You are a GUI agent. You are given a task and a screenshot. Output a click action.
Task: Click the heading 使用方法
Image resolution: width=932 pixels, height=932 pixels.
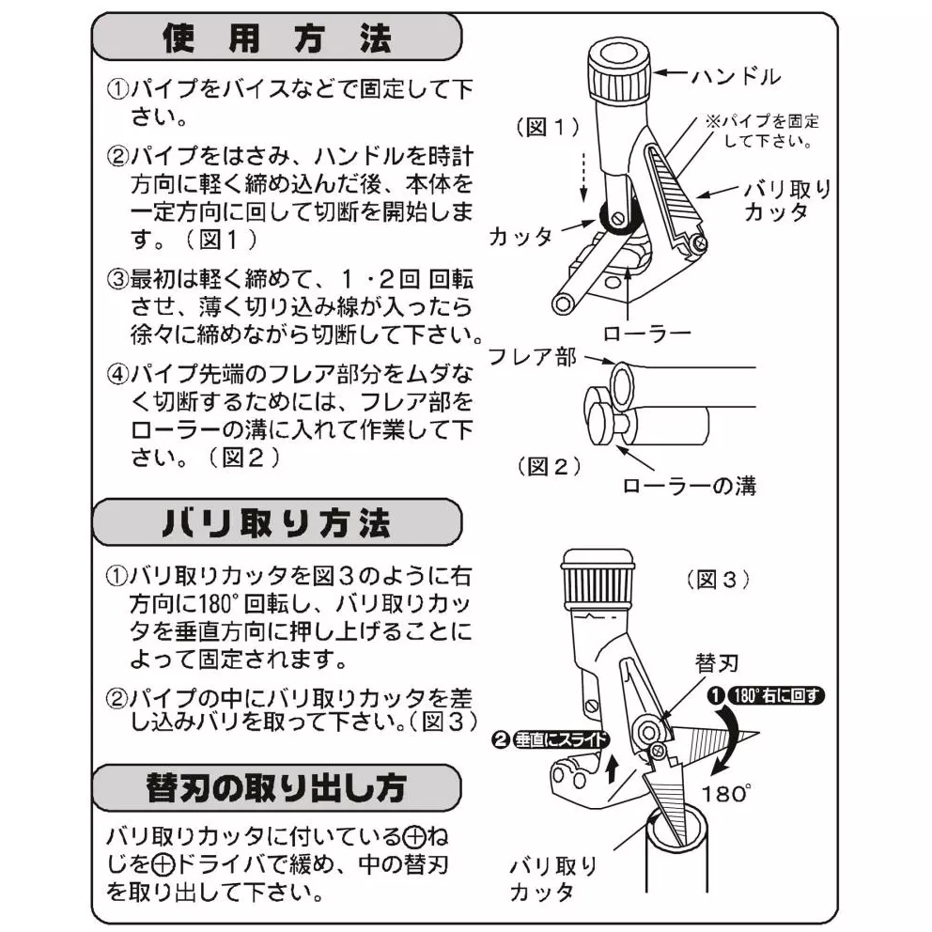275,39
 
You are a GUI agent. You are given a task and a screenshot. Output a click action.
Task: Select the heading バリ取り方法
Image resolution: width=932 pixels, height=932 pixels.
275,522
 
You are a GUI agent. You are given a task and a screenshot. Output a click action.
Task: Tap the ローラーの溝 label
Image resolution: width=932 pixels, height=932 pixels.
689,486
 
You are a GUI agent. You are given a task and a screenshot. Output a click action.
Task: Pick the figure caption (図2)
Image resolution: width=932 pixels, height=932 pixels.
551,465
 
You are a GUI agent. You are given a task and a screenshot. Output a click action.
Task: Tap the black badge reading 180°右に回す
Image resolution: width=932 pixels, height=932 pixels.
766,696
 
